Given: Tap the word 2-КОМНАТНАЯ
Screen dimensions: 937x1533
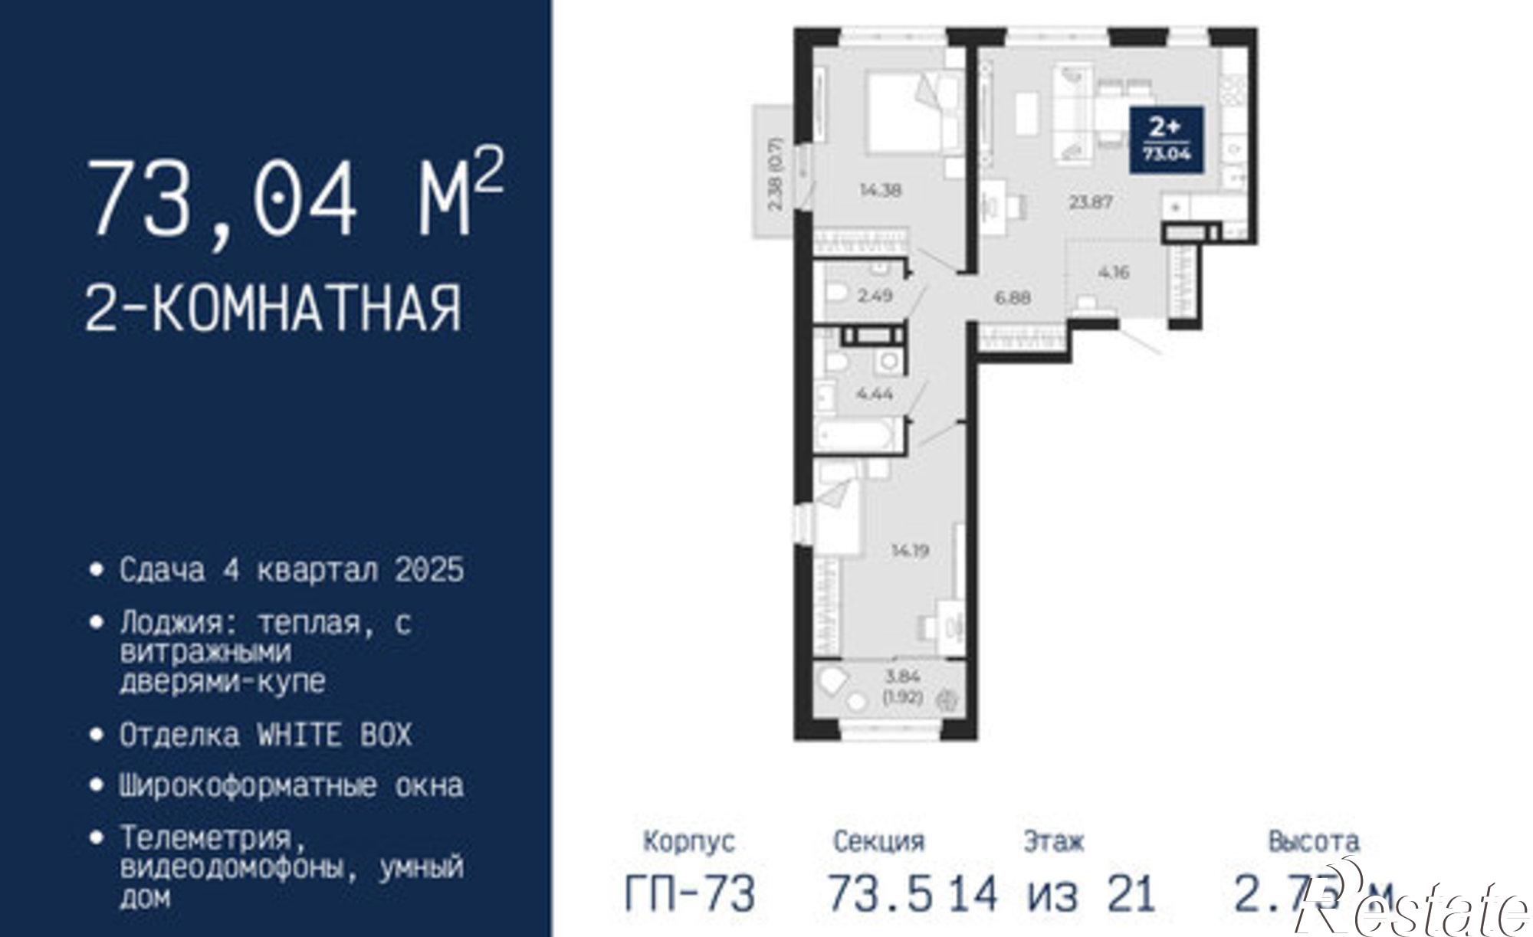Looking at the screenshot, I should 273,307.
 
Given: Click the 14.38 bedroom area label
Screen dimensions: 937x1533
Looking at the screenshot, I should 880,191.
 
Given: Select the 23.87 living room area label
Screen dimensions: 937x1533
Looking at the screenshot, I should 1091,203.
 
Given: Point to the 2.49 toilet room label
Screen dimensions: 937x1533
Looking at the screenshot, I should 875,295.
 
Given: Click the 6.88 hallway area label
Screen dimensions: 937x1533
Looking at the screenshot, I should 1013,297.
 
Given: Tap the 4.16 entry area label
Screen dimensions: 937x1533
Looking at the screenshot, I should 1113,272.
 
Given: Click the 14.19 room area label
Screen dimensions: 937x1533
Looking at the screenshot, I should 910,550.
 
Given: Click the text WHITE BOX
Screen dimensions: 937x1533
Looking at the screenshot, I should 334,735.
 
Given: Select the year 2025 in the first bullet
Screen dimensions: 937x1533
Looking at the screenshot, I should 430,570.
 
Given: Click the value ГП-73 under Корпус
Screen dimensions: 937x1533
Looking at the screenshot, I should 690,893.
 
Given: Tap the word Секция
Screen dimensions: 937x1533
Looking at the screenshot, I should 878,841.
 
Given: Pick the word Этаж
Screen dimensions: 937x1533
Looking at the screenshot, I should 1054,841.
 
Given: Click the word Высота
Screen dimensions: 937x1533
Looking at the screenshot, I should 1314,840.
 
